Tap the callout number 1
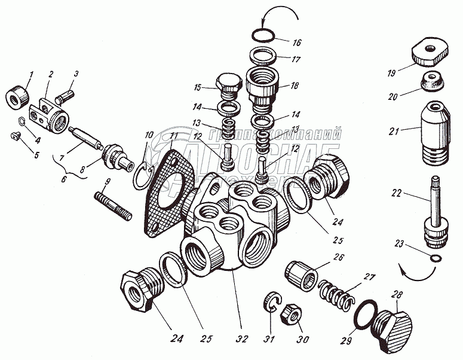pyautogui.click(x=31, y=76)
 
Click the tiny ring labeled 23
pyautogui.click(x=437, y=258)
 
